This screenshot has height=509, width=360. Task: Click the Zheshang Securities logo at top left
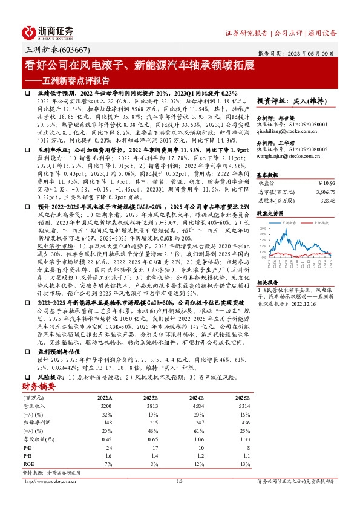click(48, 33)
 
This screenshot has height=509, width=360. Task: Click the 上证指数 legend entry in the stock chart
click(318, 222)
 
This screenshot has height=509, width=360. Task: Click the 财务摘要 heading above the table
click(41, 386)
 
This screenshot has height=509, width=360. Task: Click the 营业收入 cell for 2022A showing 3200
click(106, 407)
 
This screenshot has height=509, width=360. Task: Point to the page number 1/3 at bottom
click(180, 481)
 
